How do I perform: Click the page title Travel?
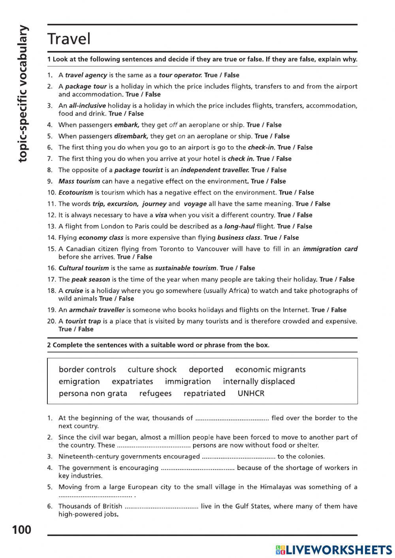tap(69, 39)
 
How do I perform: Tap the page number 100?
tap(22, 529)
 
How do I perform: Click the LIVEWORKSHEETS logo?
tap(334, 550)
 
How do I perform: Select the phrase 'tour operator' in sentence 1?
tap(181, 75)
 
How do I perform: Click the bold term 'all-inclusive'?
tap(87, 105)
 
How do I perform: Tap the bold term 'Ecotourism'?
tap(76, 193)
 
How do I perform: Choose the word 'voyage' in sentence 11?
tap(195, 204)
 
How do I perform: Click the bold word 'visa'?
tap(161, 215)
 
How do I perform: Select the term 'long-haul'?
tap(239, 227)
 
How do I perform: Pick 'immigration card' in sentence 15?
tap(330, 249)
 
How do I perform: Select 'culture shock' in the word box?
tap(152, 370)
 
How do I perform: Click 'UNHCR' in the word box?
tap(251, 393)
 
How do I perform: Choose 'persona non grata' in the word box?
tap(93, 393)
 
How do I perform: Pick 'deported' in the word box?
tap(206, 370)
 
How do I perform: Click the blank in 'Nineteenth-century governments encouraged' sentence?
tap(239, 457)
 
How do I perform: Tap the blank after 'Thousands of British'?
tap(161, 506)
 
